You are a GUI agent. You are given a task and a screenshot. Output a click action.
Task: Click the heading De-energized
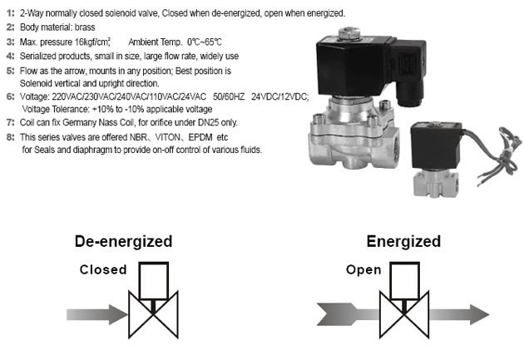tap(123, 242)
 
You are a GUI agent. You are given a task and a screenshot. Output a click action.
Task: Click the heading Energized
tap(403, 242)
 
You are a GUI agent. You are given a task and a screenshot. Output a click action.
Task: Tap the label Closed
tap(103, 269)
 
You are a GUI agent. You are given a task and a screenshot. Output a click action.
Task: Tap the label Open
tap(363, 269)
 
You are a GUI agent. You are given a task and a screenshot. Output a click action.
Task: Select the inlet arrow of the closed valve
tap(97, 314)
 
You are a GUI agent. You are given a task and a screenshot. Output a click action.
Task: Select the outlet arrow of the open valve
tap(459, 314)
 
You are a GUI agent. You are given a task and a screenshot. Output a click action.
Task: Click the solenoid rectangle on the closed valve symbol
tap(153, 281)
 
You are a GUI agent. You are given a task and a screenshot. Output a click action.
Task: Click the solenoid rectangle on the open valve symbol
tap(404, 281)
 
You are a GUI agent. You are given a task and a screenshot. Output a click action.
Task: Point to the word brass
tap(85, 27)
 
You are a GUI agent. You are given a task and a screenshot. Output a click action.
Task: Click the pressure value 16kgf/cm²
tap(92, 42)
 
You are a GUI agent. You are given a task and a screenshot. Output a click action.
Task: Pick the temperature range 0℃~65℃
tap(204, 42)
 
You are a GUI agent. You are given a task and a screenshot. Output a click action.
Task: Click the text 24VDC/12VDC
tap(279, 96)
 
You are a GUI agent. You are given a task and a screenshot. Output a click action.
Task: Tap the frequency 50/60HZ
tap(229, 96)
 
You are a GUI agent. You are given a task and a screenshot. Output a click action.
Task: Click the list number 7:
tap(10, 122)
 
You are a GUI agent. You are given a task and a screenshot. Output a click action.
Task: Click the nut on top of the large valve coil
tap(349, 33)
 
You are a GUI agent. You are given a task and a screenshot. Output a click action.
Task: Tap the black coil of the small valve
tap(436, 145)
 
